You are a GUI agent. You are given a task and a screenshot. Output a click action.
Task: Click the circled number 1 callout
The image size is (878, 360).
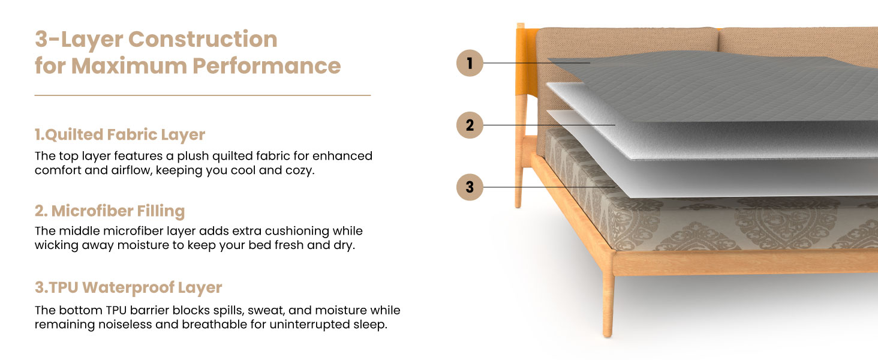click(x=470, y=63)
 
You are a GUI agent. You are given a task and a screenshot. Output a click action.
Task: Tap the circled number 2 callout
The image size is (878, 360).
click(x=470, y=125)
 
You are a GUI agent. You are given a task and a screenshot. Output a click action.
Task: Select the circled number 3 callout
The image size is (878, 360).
click(x=470, y=188)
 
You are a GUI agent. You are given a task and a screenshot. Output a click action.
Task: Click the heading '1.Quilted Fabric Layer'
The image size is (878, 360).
click(x=120, y=134)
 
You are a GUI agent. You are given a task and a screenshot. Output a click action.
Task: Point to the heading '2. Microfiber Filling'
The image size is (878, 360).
click(x=110, y=211)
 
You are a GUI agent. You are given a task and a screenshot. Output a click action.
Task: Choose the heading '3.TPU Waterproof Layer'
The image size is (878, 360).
click(x=128, y=287)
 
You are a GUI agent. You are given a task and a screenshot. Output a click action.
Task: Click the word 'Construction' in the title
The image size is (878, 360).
click(x=203, y=40)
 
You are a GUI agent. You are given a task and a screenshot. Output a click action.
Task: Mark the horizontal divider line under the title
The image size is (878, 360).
click(x=203, y=95)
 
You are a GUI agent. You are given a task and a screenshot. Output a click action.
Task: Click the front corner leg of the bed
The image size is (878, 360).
click(x=608, y=300)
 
